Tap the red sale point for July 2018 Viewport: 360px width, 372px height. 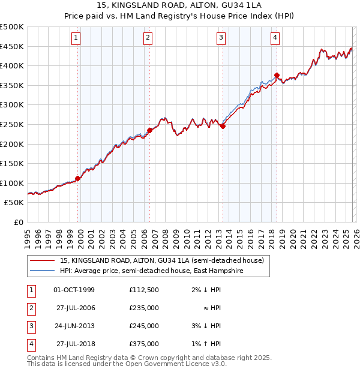coord(277,76)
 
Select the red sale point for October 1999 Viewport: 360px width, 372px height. coord(78,178)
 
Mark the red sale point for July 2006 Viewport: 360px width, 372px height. coord(149,130)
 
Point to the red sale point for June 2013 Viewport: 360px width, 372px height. coord(223,127)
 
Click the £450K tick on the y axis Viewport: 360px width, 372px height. coord(11,46)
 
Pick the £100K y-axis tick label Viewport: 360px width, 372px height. coord(11,183)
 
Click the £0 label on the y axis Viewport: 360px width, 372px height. coord(18,222)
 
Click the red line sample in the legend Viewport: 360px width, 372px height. coord(42,260)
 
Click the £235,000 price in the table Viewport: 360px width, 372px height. coord(144,308)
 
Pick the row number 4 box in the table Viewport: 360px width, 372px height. coord(31,344)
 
